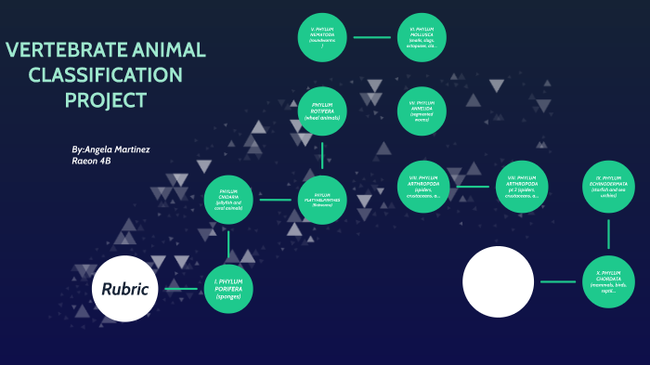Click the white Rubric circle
tap(125, 288)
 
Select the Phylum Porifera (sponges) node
tap(228, 288)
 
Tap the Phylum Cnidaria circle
tap(228, 200)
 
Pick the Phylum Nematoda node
tap(322, 38)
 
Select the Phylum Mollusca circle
tap(422, 38)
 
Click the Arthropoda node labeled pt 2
tap(522, 188)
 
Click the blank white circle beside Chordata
tap(499, 281)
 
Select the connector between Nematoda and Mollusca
tap(372, 38)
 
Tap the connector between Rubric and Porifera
tap(181, 289)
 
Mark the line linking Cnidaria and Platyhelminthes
tap(275, 200)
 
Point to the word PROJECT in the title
tap(105, 100)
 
